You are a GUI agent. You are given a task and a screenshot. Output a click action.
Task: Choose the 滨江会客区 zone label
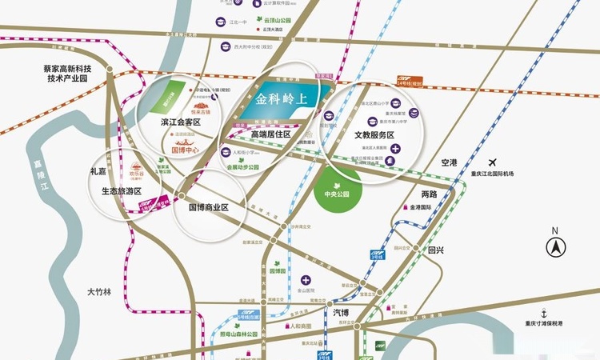point(180,122)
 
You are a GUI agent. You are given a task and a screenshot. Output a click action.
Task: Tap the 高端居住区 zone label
point(270,135)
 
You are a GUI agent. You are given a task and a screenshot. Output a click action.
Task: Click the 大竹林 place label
point(102,293)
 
